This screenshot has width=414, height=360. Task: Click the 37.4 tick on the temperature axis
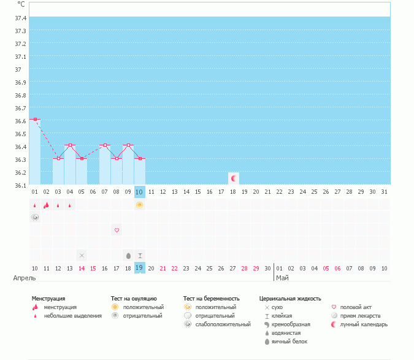(20, 18)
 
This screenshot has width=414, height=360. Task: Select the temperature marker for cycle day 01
(35, 119)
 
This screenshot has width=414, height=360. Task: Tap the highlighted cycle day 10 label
(140, 192)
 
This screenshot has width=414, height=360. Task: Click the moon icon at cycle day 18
(233, 178)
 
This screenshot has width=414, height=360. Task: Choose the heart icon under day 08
(117, 230)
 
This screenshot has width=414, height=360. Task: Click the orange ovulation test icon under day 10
(140, 205)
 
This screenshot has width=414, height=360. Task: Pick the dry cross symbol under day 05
(82, 255)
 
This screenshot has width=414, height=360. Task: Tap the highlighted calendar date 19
(139, 268)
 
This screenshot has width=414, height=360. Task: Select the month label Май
(282, 278)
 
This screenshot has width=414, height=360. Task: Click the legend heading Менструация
(48, 298)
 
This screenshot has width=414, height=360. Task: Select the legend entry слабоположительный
(220, 324)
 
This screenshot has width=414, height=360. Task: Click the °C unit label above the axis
(21, 4)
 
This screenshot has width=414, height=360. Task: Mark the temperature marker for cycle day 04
(70, 145)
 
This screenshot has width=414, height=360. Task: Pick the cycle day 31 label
(384, 192)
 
